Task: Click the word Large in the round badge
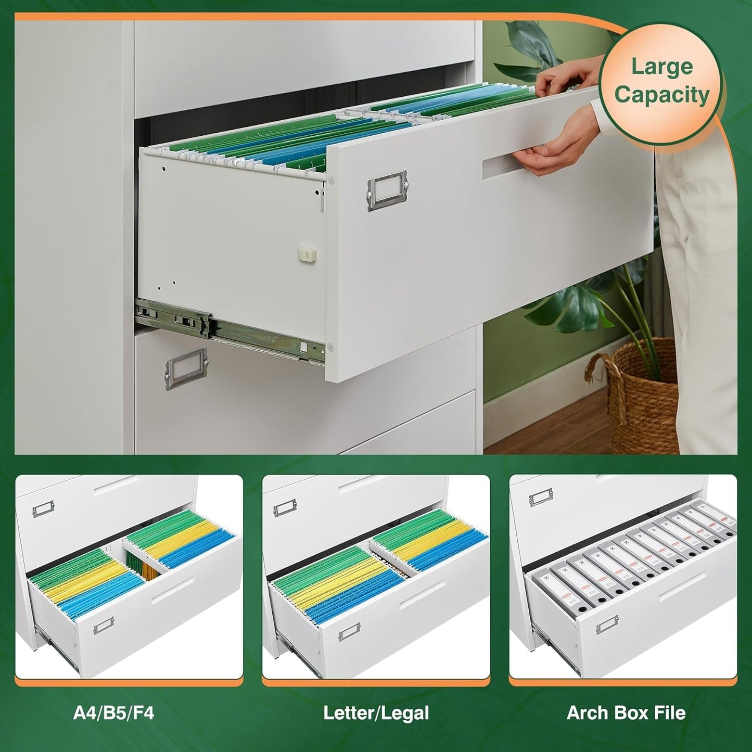pos(661,67)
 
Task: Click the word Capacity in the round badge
pos(661,95)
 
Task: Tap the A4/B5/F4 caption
pos(113,712)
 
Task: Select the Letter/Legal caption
pos(376,712)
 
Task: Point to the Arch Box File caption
pos(626,712)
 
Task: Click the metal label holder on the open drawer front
pos(387,190)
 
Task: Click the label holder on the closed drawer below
pos(186,368)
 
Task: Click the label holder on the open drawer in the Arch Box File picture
pos(607,626)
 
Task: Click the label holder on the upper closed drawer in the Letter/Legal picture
pos(285,507)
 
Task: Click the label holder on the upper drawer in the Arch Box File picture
pos(541,499)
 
